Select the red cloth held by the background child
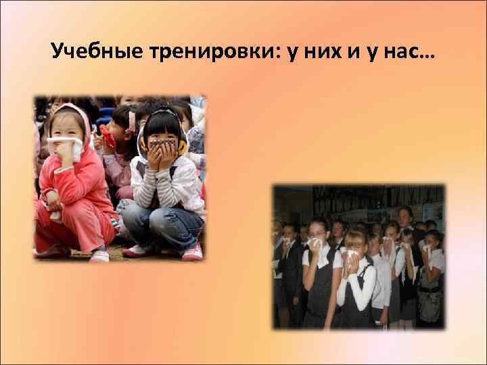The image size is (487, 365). click(x=106, y=133)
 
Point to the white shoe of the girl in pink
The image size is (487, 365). click(x=99, y=255)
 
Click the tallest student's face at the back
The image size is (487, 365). click(x=406, y=218)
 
